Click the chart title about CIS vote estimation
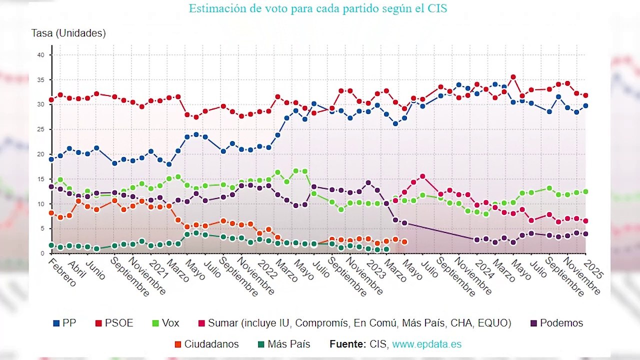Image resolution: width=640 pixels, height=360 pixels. pyautogui.click(x=317, y=8)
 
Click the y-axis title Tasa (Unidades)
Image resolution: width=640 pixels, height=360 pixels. pyautogui.click(x=68, y=33)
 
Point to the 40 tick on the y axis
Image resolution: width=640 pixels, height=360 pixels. pyautogui.click(x=41, y=55)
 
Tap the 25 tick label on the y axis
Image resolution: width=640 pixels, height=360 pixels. pyautogui.click(x=41, y=129)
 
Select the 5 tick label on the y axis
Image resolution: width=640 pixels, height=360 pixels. pyautogui.click(x=43, y=229)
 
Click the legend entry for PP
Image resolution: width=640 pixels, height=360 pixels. pyautogui.click(x=65, y=323)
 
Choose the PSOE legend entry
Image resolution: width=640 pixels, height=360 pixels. pyautogui.click(x=114, y=323)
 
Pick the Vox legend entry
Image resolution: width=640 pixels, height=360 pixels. pyautogui.click(x=165, y=323)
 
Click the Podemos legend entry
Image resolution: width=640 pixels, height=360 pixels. pyautogui.click(x=556, y=323)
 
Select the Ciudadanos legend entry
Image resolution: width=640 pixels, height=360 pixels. pyautogui.click(x=206, y=344)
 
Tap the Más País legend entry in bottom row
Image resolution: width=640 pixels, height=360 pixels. pyautogui.click(x=284, y=344)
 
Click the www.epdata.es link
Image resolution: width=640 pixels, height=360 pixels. pyautogui.click(x=426, y=344)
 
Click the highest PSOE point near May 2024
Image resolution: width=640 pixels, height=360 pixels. pyautogui.click(x=513, y=77)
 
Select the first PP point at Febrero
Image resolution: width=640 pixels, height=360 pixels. pyautogui.click(x=51, y=159)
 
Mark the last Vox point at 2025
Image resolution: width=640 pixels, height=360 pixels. pyautogui.click(x=585, y=191)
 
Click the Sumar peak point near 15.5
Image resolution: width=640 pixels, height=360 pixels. pyautogui.click(x=422, y=176)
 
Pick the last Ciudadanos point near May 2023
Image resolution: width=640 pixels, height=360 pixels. pyautogui.click(x=404, y=242)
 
